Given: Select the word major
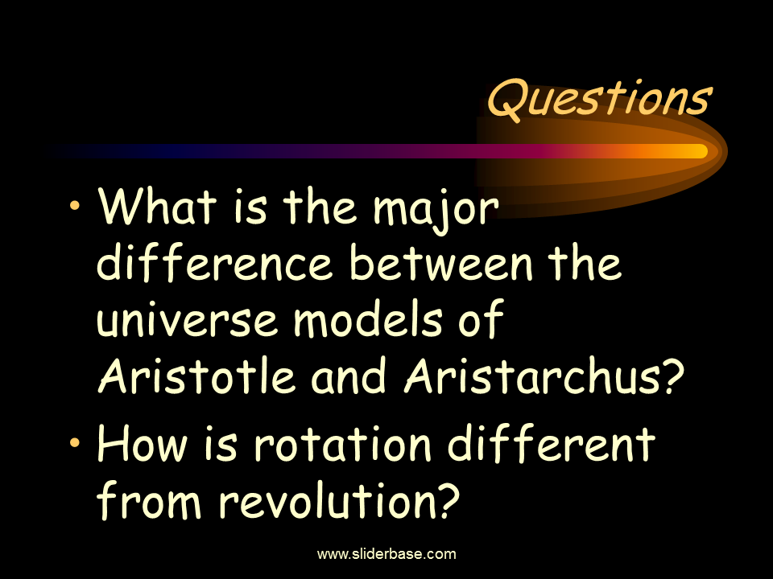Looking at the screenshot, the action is [436, 210].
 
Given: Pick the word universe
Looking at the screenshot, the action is [187, 322].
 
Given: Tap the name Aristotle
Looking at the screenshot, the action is [196, 376].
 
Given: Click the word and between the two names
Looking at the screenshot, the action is [348, 376].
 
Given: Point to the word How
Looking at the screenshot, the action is [143, 444].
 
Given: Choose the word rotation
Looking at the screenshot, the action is [343, 444].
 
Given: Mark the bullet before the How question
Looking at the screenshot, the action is [75, 441].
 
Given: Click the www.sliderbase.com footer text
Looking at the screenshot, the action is [386, 554].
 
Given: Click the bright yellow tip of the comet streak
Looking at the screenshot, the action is [702, 151].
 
